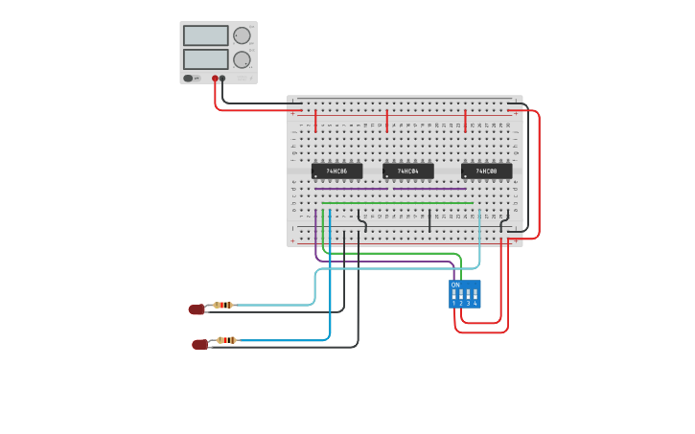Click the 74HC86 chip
click(x=336, y=171)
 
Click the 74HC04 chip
click(x=408, y=171)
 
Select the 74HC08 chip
click(x=486, y=171)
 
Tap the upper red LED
click(x=197, y=309)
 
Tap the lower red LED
click(x=199, y=344)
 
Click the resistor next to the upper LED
click(x=223, y=306)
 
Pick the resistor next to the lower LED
click(x=226, y=340)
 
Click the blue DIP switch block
click(x=465, y=294)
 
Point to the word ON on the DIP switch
click(x=455, y=286)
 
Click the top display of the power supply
click(x=205, y=35)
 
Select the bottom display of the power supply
click(x=205, y=59)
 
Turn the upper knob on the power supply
click(x=242, y=35)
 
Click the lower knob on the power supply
click(x=242, y=59)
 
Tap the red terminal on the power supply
click(x=214, y=79)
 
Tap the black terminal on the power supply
click(x=222, y=79)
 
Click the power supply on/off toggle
click(x=189, y=79)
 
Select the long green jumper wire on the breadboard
click(x=397, y=203)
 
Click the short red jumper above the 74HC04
click(x=387, y=121)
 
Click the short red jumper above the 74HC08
click(x=465, y=121)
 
